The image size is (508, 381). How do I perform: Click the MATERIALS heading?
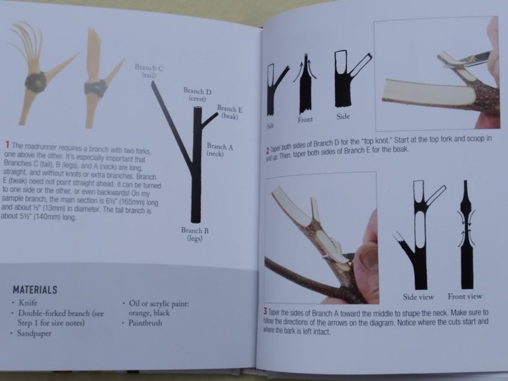click(35, 289)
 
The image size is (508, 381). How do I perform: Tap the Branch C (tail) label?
click(149, 71)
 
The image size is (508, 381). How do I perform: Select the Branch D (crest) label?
click(197, 94)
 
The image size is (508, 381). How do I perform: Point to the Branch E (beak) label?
click(230, 112)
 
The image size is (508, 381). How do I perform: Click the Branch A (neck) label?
click(219, 150)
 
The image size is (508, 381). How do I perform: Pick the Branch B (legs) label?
click(195, 234)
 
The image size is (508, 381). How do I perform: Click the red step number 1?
click(7, 144)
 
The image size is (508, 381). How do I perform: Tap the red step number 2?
click(268, 151)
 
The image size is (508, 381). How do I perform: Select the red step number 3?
click(265, 312)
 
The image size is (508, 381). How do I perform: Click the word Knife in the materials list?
click(28, 303)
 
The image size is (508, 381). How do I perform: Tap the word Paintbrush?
click(145, 322)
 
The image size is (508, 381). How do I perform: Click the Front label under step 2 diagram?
click(305, 120)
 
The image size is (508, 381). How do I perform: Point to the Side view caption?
click(418, 297)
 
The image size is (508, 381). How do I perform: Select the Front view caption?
click(465, 296)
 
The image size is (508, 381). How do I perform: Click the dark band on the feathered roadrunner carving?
click(35, 83)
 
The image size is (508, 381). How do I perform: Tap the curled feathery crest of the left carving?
click(26, 45)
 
